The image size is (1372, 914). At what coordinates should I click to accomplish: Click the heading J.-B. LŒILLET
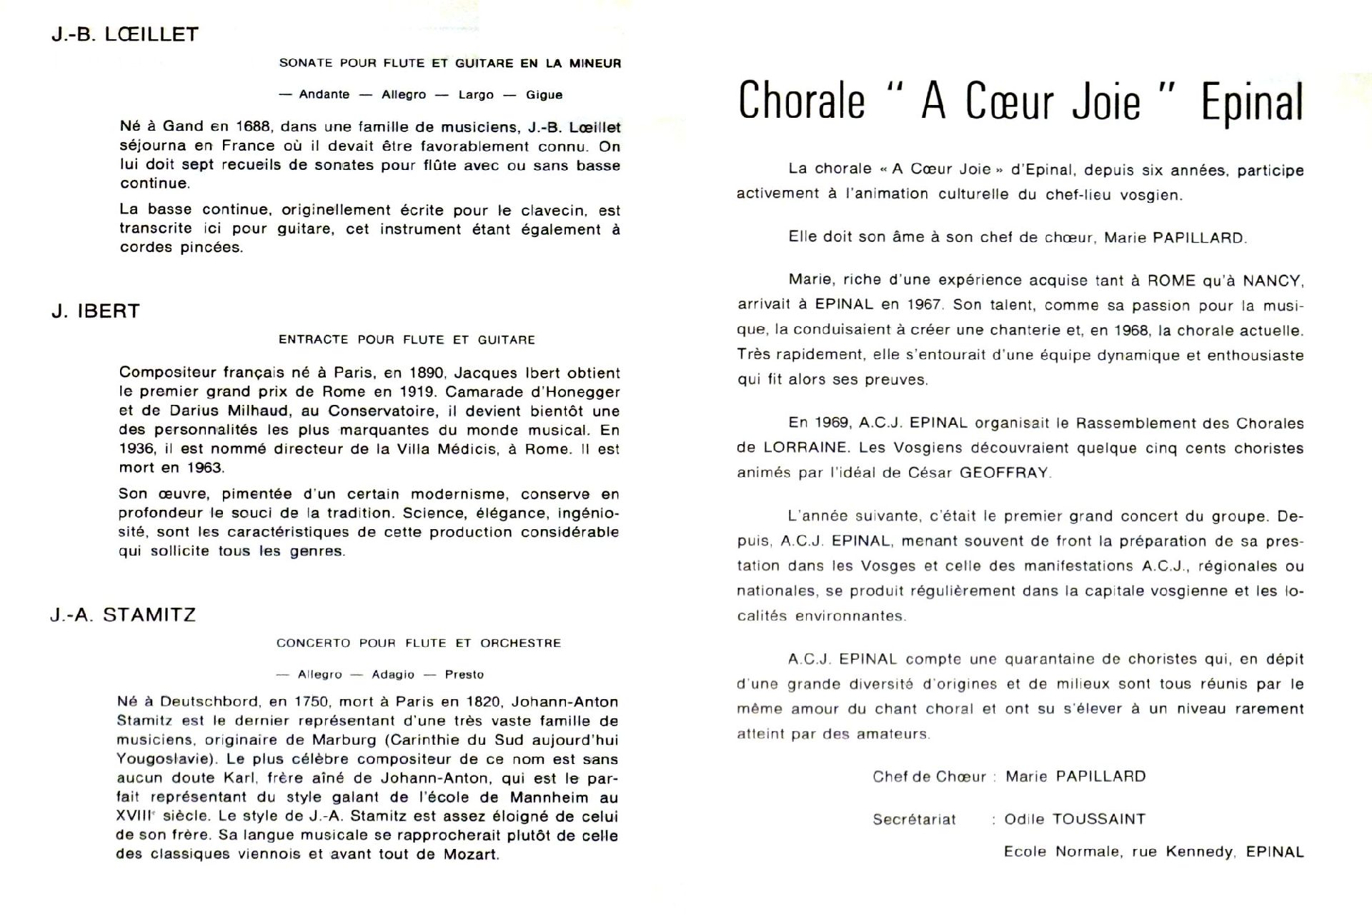pyautogui.click(x=125, y=34)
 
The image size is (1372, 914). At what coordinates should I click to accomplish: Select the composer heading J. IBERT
pyautogui.click(x=96, y=311)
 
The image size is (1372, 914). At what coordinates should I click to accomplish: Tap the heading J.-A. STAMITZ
pyautogui.click(x=123, y=615)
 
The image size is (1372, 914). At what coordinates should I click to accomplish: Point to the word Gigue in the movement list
pyautogui.click(x=544, y=95)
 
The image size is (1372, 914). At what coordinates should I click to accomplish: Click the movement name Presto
pyautogui.click(x=464, y=675)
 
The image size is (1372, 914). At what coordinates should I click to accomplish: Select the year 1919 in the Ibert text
pyautogui.click(x=417, y=392)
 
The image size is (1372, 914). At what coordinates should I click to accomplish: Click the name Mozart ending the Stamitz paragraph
pyautogui.click(x=470, y=854)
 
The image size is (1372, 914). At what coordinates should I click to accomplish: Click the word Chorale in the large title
pyautogui.click(x=801, y=101)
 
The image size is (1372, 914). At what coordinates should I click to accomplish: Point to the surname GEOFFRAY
pyautogui.click(x=1004, y=473)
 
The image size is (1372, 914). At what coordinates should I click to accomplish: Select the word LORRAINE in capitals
pyautogui.click(x=804, y=448)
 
